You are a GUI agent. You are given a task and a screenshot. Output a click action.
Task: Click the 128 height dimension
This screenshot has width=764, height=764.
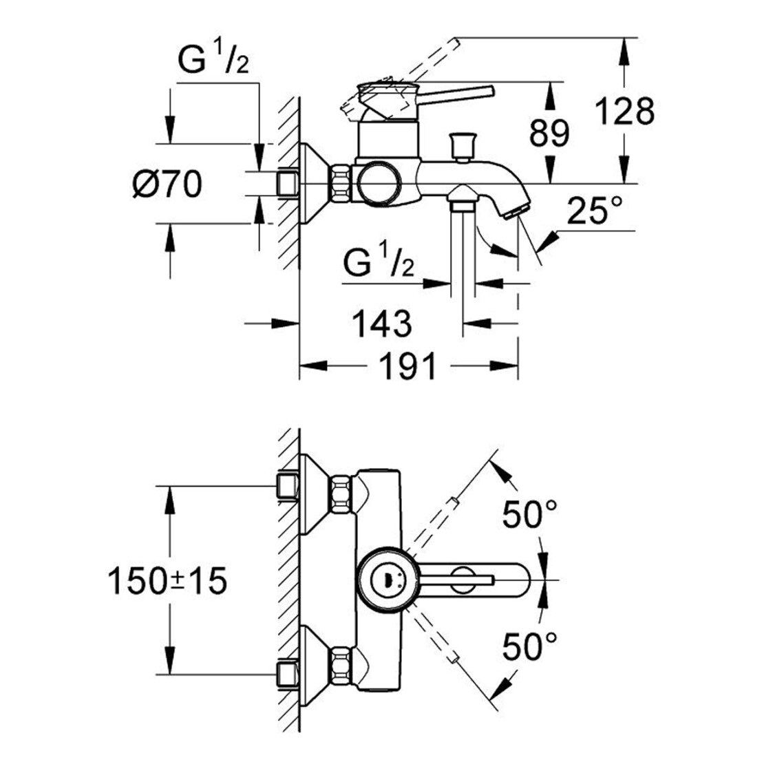point(625,112)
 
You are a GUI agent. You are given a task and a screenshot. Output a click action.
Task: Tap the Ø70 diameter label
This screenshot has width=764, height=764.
point(167,184)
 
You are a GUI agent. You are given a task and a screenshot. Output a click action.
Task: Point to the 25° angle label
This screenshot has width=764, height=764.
point(595,211)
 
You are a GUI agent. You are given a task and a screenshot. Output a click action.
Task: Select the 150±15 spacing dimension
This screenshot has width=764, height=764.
point(167,582)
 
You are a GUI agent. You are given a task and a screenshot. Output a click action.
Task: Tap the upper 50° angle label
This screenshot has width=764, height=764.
point(530,515)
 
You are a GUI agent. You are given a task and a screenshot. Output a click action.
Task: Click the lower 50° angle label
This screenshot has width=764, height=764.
point(530,646)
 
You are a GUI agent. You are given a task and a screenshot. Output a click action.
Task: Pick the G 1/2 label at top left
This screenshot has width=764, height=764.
point(213,59)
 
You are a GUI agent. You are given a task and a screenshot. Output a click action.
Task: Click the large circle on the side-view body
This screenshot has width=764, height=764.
point(379,184)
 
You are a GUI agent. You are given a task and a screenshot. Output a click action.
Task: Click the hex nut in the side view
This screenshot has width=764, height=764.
point(342,183)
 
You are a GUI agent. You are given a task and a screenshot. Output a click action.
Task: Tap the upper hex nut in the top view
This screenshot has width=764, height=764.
point(341,495)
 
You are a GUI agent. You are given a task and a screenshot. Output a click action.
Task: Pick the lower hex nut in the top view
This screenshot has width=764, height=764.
point(341,665)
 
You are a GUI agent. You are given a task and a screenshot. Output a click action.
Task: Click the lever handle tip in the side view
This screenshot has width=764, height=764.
point(489,92)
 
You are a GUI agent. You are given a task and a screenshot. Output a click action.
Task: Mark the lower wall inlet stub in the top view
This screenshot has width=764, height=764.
point(288,675)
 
